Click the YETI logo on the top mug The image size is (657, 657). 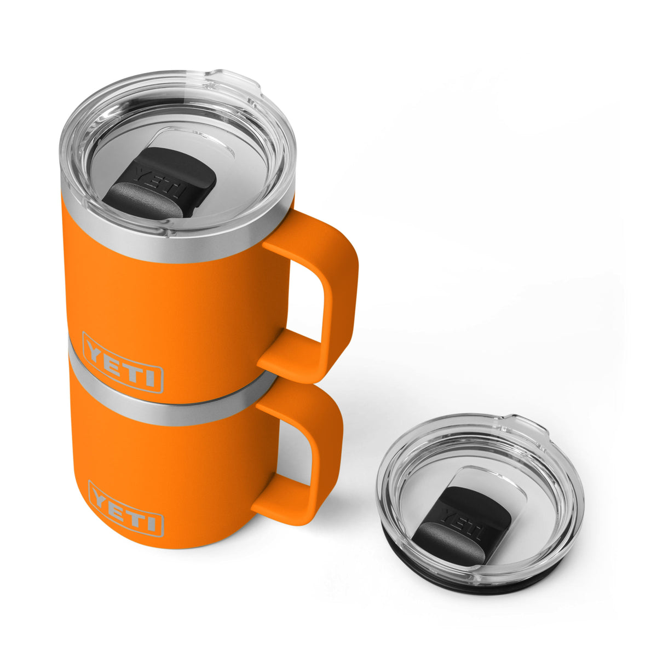point(123,362)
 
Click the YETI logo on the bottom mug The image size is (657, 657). point(125,508)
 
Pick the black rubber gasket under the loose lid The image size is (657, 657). point(493,586)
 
